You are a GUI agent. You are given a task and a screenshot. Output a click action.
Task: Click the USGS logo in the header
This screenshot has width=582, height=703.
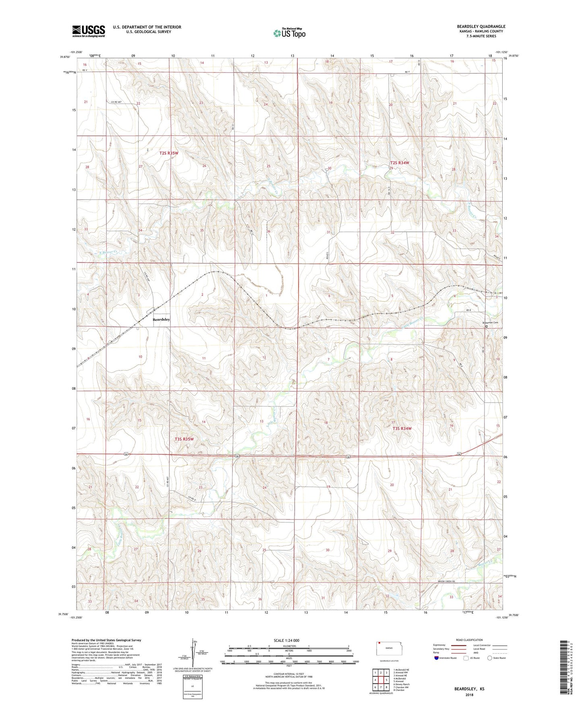(x=89, y=31)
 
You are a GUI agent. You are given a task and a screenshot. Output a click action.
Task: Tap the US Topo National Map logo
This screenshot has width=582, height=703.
(x=289, y=33)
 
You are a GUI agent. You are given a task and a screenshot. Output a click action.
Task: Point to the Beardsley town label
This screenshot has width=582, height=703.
(x=161, y=319)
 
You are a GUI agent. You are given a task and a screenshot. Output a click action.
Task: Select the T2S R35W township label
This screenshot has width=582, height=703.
(x=169, y=153)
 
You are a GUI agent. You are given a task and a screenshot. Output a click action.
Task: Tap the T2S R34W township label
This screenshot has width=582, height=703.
(x=400, y=163)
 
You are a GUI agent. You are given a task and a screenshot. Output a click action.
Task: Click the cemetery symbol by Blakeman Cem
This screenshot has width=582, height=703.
(x=486, y=327)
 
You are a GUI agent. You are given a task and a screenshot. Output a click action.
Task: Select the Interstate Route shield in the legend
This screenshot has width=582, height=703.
(x=437, y=658)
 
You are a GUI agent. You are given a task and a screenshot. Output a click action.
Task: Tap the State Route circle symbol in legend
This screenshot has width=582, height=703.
(x=490, y=658)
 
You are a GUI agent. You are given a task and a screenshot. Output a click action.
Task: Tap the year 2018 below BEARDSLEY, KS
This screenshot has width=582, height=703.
(x=469, y=695)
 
